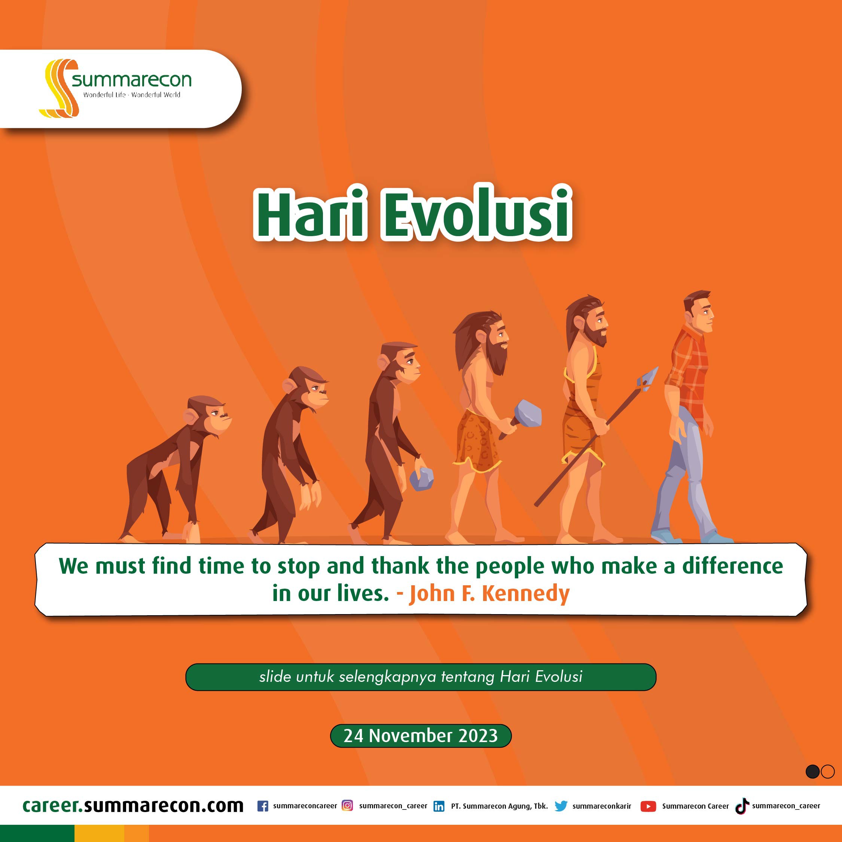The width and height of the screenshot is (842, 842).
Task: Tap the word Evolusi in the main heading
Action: click(x=476, y=214)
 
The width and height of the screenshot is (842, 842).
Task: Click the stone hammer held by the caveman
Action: click(x=523, y=419)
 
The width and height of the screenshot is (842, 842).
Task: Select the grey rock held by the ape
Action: click(x=421, y=479)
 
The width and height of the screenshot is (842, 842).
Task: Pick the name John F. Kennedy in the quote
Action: click(x=489, y=594)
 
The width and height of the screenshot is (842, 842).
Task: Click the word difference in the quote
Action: click(x=732, y=566)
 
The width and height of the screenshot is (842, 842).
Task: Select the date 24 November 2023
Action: click(x=421, y=736)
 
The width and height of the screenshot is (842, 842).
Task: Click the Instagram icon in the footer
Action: click(x=347, y=805)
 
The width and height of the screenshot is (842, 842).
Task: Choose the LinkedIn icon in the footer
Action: click(x=439, y=806)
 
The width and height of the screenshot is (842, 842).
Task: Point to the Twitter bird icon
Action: click(x=561, y=806)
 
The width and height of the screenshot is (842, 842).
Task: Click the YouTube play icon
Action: click(x=649, y=806)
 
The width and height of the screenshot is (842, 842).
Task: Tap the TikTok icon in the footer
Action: click(x=742, y=806)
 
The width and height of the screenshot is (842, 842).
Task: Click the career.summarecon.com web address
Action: click(x=133, y=805)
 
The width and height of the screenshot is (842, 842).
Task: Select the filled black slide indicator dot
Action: click(x=812, y=771)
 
